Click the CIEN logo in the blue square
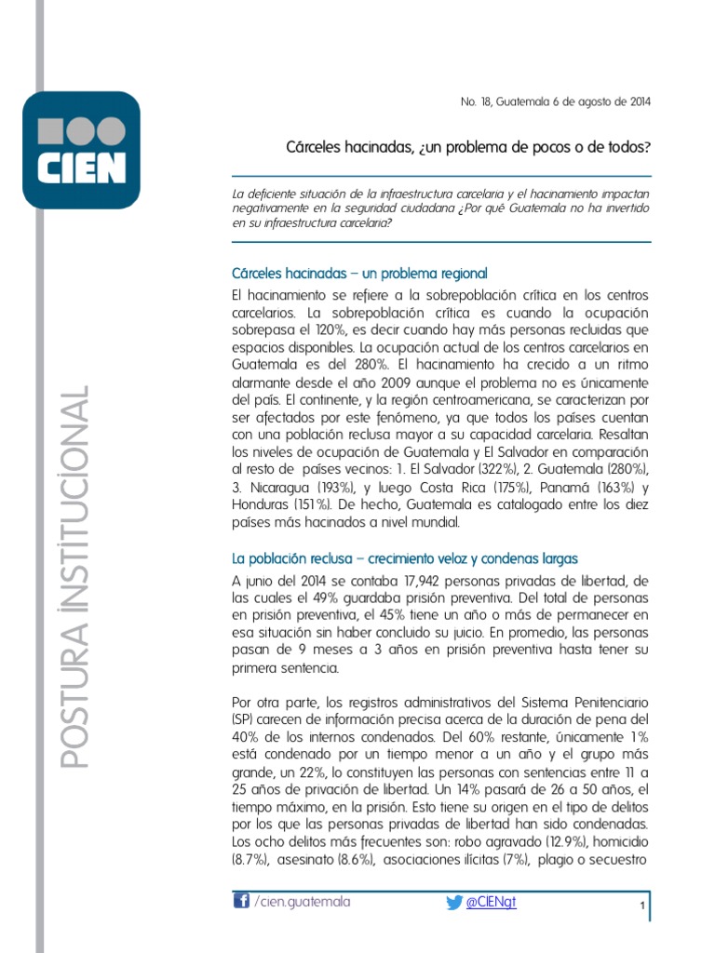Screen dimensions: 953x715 click(81, 149)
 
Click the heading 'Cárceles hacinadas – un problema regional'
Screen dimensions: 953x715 click(359, 274)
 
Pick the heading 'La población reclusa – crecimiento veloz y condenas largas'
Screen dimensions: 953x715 click(405, 558)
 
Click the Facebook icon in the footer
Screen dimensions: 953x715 click(240, 901)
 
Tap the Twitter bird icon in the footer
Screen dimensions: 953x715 click(453, 902)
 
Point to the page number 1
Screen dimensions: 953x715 click(642, 906)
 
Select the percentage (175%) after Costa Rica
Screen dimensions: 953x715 click(507, 487)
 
